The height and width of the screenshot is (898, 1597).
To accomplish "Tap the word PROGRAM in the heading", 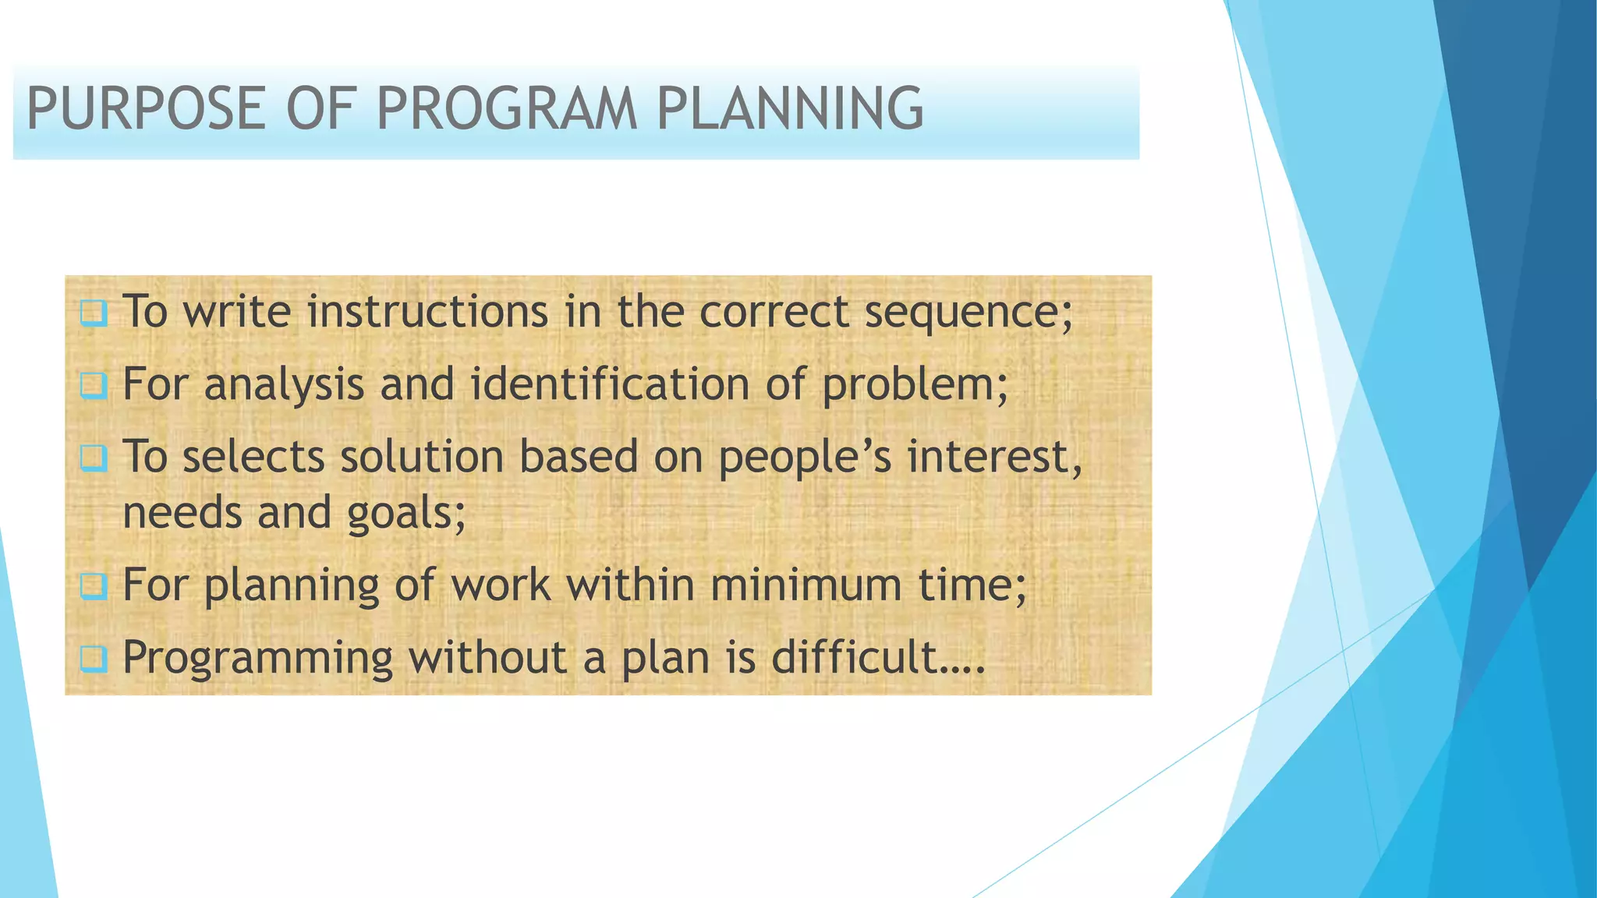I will point(507,108).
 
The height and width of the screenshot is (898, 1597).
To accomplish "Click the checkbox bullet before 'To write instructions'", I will point(94,313).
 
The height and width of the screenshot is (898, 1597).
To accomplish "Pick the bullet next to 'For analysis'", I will point(94,385).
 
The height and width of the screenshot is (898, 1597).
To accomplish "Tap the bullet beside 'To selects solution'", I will point(94,458).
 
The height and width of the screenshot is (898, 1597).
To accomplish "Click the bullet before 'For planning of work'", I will point(94,586).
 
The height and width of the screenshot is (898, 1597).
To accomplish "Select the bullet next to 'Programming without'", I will point(94,659).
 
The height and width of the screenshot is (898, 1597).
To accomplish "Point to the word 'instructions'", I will point(427,312).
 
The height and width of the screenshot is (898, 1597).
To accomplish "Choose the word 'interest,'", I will point(995,458).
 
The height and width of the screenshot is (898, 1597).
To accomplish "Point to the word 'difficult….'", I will point(878,657).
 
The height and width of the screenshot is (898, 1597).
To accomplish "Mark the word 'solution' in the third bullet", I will point(422,457).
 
